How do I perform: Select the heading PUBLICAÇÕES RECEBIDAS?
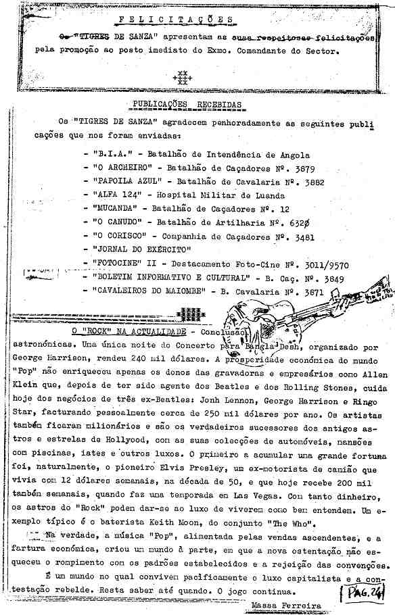click(x=184, y=105)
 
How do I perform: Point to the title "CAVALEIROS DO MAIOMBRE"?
click(x=149, y=291)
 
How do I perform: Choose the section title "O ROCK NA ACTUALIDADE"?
click(x=130, y=333)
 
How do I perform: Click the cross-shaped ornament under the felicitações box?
click(x=181, y=78)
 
